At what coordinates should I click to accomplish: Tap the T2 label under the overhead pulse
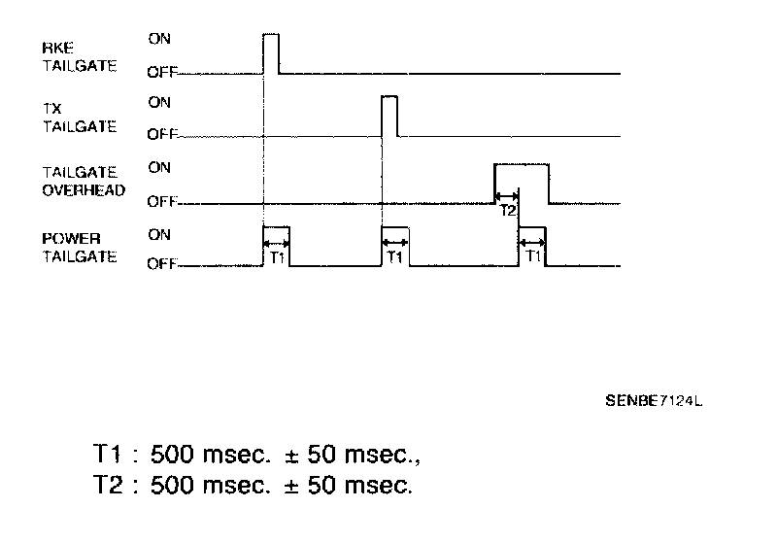coord(507,210)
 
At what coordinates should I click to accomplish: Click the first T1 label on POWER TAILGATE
coord(277,257)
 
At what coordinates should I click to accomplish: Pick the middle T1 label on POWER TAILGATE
coord(395,257)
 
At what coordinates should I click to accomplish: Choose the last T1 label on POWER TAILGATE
coord(532,257)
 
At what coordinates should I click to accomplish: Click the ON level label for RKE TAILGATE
coord(159,39)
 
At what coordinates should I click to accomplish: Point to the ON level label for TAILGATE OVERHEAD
coord(159,168)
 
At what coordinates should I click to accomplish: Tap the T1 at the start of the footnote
coord(106,454)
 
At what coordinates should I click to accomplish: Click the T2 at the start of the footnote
coord(106,483)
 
